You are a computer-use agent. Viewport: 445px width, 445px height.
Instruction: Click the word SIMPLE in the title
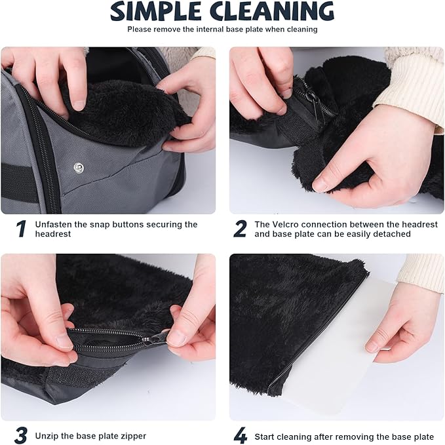click(155, 12)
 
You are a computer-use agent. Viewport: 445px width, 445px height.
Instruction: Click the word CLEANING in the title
click(272, 11)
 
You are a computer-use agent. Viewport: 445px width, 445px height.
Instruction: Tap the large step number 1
click(21, 229)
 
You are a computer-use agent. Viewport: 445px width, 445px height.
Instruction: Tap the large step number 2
click(240, 229)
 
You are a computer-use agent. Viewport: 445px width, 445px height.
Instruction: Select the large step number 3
click(21, 435)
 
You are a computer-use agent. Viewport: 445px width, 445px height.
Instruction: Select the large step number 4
click(241, 435)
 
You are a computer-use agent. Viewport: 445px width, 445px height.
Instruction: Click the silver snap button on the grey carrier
click(79, 167)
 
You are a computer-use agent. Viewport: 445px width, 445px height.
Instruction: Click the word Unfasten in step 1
click(53, 225)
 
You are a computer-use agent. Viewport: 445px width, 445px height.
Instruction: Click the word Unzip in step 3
click(45, 436)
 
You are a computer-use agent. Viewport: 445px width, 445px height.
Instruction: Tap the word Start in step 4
click(265, 436)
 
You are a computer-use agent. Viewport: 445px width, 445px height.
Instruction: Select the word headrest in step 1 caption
click(53, 234)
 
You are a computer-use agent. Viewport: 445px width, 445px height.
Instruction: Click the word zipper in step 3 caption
click(133, 436)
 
